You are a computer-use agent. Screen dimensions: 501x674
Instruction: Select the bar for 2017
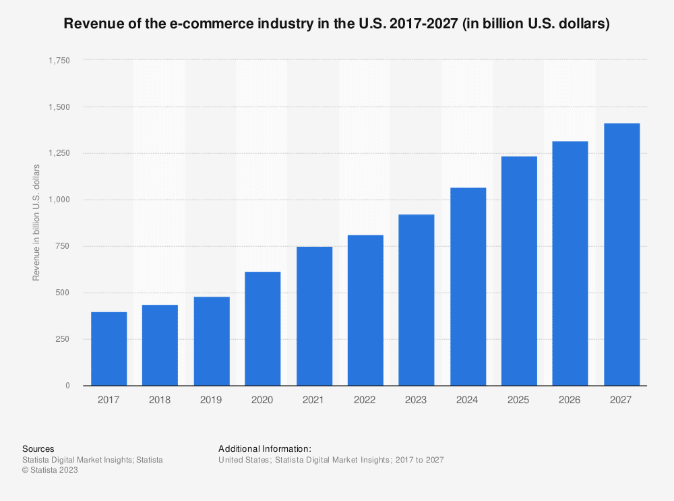pyautogui.click(x=109, y=349)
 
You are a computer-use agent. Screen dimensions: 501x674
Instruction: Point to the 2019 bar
pyautogui.click(x=211, y=341)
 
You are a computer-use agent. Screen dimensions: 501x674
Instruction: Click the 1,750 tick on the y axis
pyautogui.click(x=59, y=61)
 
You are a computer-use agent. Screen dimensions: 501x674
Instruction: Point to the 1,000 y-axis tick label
pyautogui.click(x=59, y=200)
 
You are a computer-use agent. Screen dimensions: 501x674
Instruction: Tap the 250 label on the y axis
pyautogui.click(x=62, y=339)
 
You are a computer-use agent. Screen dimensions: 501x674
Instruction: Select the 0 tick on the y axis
pyautogui.click(x=67, y=386)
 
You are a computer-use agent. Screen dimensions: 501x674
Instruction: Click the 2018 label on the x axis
pyautogui.click(x=160, y=400)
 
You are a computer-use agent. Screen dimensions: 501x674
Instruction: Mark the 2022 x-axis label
pyautogui.click(x=365, y=400)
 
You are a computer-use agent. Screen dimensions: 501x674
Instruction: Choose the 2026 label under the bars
pyautogui.click(x=570, y=400)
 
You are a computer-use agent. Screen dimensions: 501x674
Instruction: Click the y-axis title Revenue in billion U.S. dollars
pyautogui.click(x=36, y=223)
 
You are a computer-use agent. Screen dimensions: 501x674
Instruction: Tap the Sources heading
pyautogui.click(x=38, y=448)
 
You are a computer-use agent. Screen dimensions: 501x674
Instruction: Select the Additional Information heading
pyautogui.click(x=265, y=448)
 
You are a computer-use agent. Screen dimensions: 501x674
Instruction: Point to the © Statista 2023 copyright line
pyautogui.click(x=50, y=471)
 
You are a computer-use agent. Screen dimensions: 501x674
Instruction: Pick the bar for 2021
pyautogui.click(x=314, y=316)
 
